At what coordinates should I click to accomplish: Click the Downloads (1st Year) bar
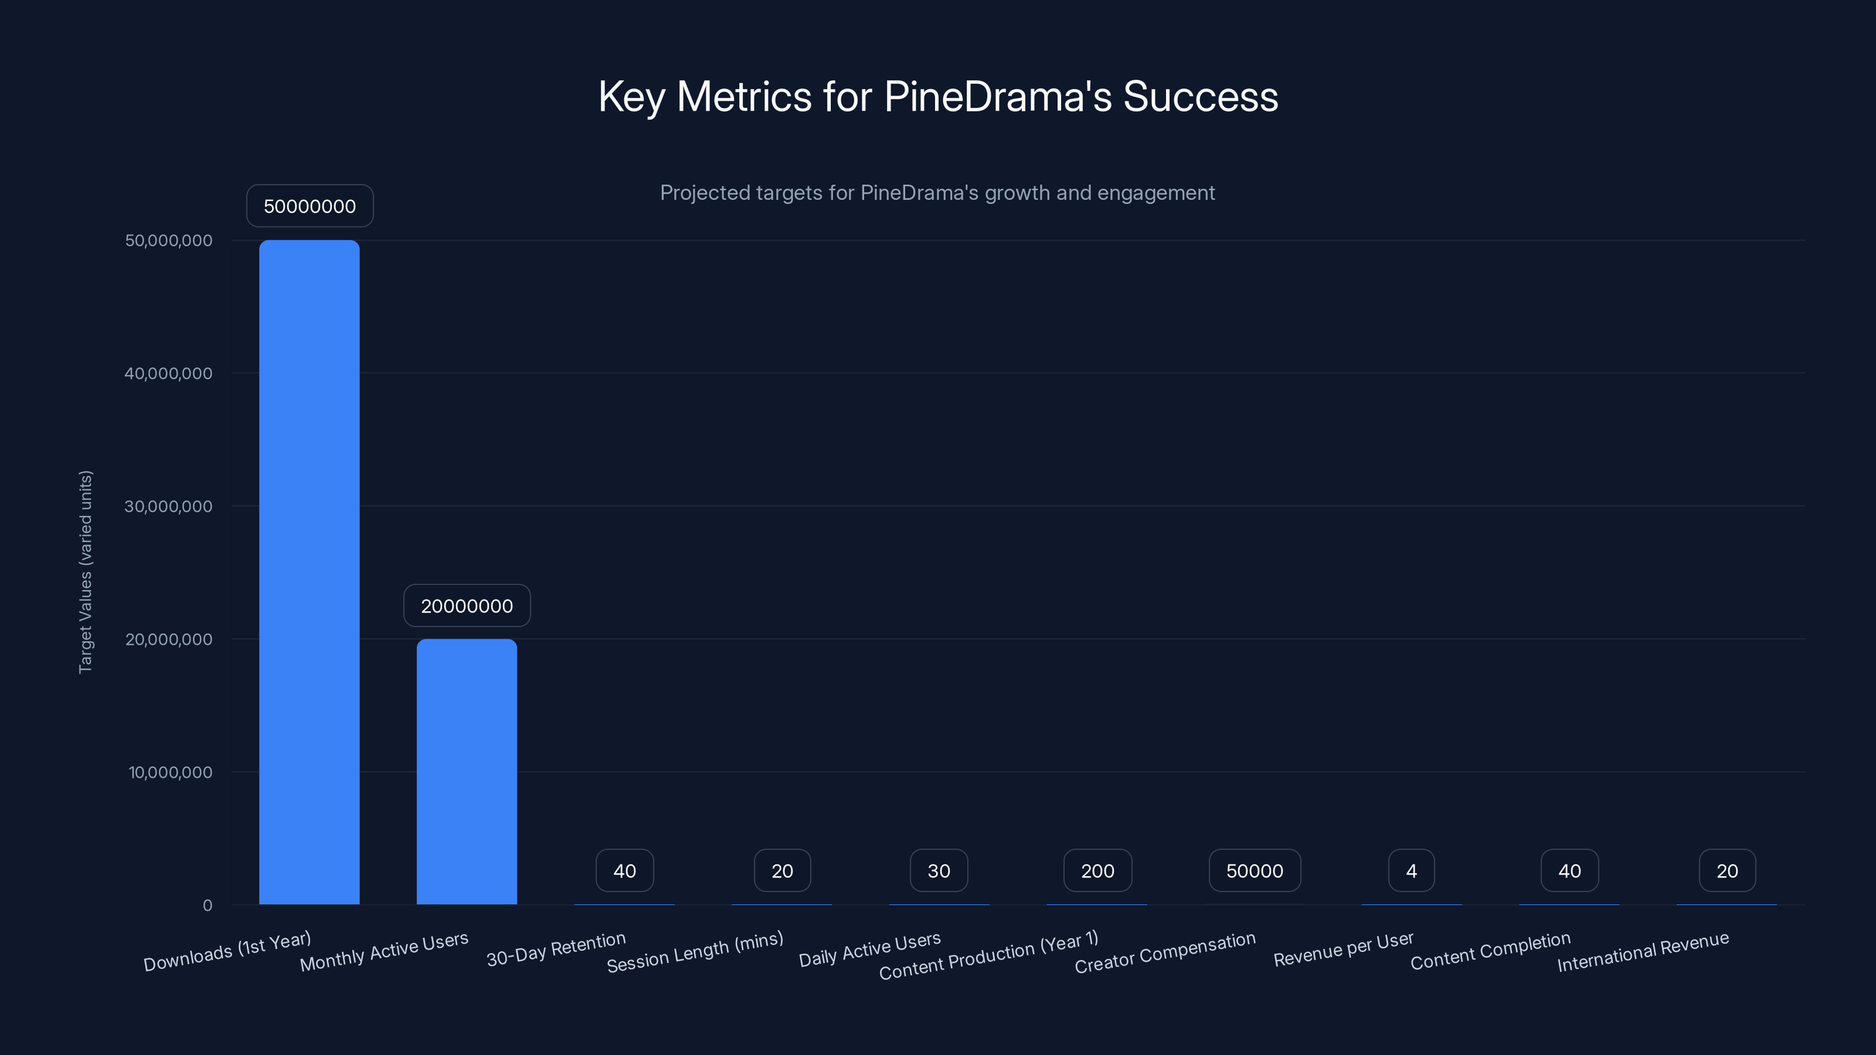point(310,571)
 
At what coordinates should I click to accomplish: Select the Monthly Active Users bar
point(467,772)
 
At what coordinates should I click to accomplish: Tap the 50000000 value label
point(310,206)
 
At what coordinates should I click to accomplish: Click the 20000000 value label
point(467,606)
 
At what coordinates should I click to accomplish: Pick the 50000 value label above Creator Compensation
point(1254,871)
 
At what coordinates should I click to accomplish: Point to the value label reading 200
point(1097,871)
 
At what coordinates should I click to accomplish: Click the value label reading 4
point(1411,871)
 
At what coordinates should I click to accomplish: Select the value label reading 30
point(939,871)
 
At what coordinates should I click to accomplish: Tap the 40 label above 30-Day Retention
point(624,871)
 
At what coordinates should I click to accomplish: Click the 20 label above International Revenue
point(1727,871)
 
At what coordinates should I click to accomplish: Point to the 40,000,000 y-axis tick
point(168,373)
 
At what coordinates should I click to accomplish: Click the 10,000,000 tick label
point(171,772)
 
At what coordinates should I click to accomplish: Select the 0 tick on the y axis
point(208,906)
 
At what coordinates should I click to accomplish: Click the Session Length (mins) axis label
point(695,952)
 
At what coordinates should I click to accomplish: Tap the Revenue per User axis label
point(1343,949)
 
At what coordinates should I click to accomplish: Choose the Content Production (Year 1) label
point(988,956)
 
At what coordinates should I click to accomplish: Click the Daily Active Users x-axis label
point(869,950)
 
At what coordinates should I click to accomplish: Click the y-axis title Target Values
point(85,571)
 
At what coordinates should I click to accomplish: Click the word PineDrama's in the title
point(998,97)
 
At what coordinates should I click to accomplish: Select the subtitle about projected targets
point(937,193)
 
